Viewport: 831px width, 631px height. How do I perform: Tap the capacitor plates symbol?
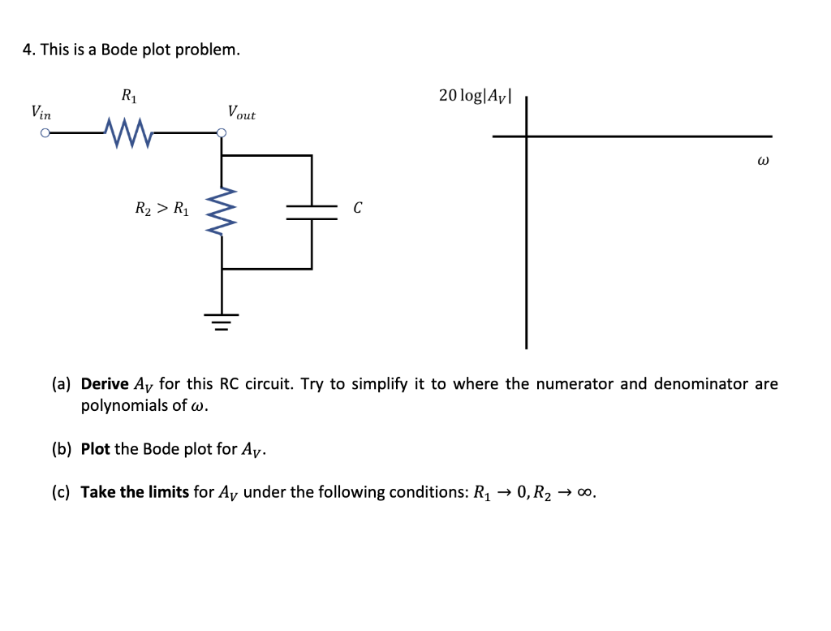pyautogui.click(x=312, y=212)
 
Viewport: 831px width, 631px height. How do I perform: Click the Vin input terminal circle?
pyautogui.click(x=45, y=135)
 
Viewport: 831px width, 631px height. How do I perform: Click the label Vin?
pyautogui.click(x=40, y=112)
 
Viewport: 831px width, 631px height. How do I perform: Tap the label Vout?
pyautogui.click(x=241, y=113)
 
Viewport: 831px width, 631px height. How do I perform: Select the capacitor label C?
pyautogui.click(x=357, y=209)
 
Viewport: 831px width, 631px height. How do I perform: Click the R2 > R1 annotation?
pyautogui.click(x=161, y=210)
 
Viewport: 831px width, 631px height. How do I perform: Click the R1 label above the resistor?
pyautogui.click(x=128, y=96)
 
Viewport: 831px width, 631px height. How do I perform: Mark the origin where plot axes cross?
pyautogui.click(x=526, y=136)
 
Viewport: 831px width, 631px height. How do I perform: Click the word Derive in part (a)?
pyautogui.click(x=105, y=384)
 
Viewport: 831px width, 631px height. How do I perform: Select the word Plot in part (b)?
pyautogui.click(x=95, y=449)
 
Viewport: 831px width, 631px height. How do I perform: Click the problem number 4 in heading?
pyautogui.click(x=27, y=50)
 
